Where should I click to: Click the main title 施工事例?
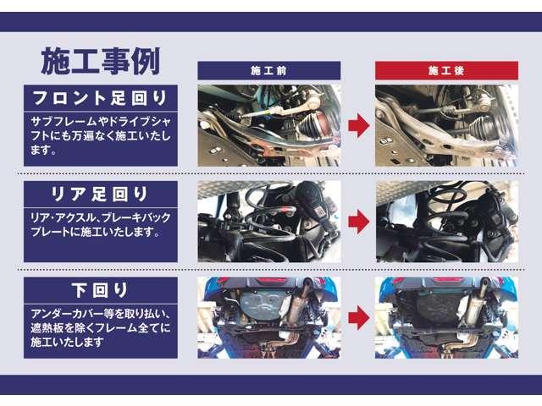tap(100, 61)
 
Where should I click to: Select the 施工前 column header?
tap(268, 71)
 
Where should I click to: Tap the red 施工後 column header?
tap(446, 71)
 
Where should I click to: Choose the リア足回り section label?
tap(100, 194)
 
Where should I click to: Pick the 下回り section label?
tap(100, 289)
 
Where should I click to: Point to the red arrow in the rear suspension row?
tap(358, 221)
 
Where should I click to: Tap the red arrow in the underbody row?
tap(358, 317)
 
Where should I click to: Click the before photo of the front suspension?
tap(268, 125)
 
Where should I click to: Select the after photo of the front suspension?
tap(446, 125)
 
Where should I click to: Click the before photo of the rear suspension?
tap(268, 221)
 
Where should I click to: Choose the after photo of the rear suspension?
tap(446, 221)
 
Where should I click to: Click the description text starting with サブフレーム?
tap(100, 135)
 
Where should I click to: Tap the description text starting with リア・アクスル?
tap(100, 224)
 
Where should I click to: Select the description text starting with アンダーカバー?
tap(100, 326)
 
